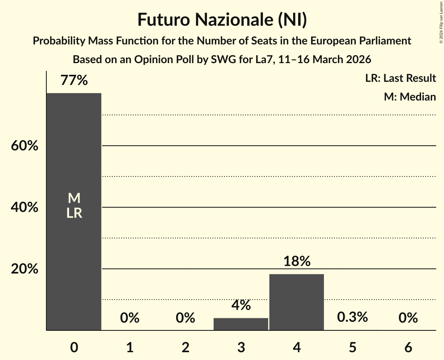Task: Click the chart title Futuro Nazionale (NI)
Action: [x=222, y=20]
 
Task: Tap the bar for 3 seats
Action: [x=241, y=324]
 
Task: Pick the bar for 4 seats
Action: [x=297, y=302]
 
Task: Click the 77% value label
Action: [x=74, y=81]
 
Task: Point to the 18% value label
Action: [x=297, y=261]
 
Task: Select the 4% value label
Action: [x=241, y=305]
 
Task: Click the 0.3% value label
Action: [x=352, y=317]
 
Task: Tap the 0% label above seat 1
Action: [x=130, y=318]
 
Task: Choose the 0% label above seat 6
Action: [x=408, y=318]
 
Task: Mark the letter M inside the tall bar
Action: [x=74, y=199]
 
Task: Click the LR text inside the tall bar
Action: [x=74, y=213]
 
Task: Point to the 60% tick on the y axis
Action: [x=24, y=146]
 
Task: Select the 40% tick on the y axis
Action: [x=24, y=208]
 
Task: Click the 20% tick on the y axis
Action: [x=24, y=269]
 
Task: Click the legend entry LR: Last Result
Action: [x=400, y=78]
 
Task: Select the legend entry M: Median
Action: [x=410, y=97]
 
